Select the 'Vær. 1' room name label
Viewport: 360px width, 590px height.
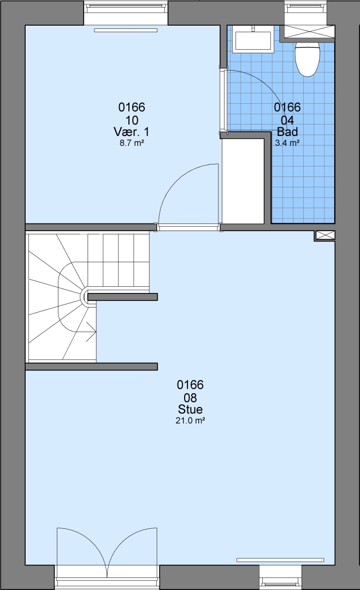(x=131, y=132)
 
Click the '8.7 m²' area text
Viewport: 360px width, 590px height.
(x=132, y=143)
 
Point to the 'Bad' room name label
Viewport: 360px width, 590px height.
(x=287, y=132)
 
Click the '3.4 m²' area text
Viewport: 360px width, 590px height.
(x=287, y=143)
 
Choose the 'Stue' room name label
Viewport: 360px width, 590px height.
(x=190, y=409)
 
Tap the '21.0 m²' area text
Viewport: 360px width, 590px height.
(x=190, y=421)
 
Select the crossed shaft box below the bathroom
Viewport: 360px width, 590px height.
(x=324, y=236)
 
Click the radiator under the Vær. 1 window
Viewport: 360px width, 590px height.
(x=125, y=31)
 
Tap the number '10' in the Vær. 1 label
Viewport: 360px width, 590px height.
(x=132, y=120)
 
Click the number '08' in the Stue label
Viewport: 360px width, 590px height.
(x=190, y=398)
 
